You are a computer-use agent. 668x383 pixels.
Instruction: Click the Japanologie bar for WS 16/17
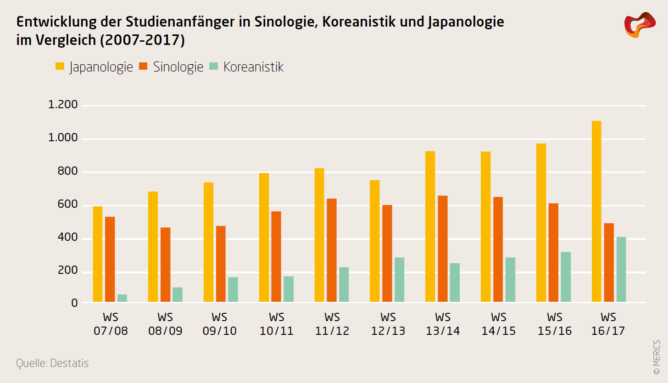[596, 211]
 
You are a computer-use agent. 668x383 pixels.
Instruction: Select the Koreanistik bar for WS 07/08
[122, 298]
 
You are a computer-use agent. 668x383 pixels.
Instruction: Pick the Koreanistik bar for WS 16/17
[621, 269]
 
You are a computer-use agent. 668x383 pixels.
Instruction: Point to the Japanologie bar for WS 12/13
[375, 241]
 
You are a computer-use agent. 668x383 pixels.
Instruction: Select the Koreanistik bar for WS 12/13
[399, 279]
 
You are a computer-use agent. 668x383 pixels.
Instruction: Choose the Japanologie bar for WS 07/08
[98, 254]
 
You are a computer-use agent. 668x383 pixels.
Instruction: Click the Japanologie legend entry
[94, 67]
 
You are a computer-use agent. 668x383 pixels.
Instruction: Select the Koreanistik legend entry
[246, 67]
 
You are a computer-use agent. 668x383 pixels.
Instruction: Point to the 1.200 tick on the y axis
[63, 105]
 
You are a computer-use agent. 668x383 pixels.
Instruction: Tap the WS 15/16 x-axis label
[554, 324]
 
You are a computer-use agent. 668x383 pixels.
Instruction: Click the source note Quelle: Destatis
[52, 363]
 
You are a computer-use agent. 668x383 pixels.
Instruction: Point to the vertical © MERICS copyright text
[657, 357]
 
